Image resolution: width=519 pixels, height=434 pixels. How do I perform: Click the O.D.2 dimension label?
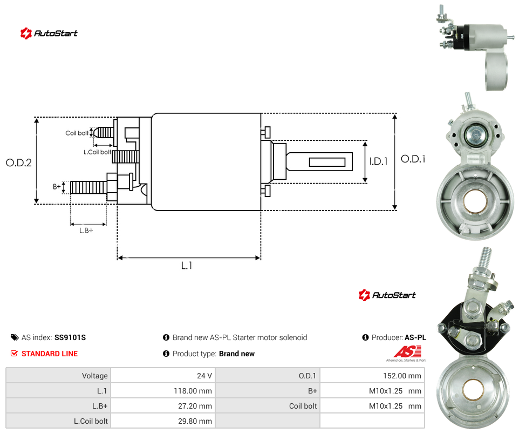pos(19,162)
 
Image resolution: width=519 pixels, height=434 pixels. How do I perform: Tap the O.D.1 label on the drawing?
pos(413,159)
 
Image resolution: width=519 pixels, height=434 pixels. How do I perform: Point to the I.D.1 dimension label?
pos(378,161)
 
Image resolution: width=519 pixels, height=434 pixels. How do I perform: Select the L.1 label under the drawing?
pos(187,266)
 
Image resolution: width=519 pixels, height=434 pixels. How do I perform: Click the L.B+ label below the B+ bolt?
pos(86,230)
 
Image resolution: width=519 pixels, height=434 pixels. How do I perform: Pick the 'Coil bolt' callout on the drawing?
pos(77,133)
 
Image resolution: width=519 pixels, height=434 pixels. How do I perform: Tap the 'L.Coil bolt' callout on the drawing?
pos(97,152)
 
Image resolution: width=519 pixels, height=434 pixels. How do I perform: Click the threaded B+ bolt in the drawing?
pos(88,187)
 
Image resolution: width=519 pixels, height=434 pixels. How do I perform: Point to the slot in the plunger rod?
pos(327,162)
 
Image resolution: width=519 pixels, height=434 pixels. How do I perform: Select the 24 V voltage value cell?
pos(204,376)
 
